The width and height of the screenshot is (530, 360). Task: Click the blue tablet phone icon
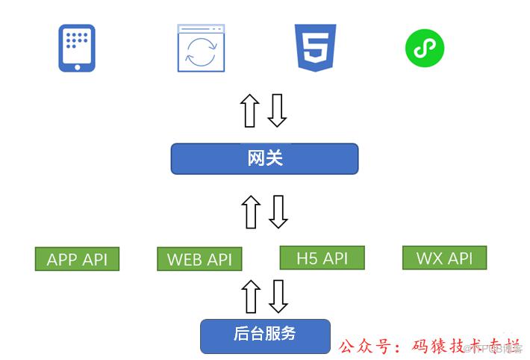[x=77, y=48]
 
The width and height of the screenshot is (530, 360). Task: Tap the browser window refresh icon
[x=201, y=49]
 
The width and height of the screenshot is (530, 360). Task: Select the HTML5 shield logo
[x=315, y=48]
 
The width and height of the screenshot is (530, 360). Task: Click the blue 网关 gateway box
[x=264, y=158]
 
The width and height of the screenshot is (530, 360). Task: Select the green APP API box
[x=77, y=259]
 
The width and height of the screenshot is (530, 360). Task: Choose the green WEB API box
[x=199, y=259]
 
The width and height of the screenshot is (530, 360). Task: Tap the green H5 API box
[x=322, y=258]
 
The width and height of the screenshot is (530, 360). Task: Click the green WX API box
[x=444, y=258]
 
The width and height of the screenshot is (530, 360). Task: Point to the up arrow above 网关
[x=250, y=111]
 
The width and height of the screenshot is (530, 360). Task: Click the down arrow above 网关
[x=277, y=111]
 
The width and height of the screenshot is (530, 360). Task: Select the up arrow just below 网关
[x=251, y=211]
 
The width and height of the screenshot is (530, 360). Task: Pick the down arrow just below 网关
[x=278, y=211]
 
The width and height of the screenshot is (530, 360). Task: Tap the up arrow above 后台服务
[x=251, y=297]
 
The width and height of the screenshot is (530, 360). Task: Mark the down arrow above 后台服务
[x=278, y=297]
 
